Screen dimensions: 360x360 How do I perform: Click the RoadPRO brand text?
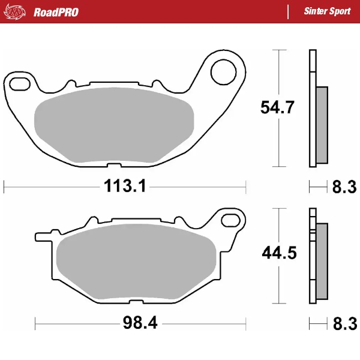(x=56, y=12)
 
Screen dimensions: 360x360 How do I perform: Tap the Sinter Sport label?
(x=327, y=12)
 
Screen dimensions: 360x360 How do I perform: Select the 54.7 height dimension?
(x=278, y=108)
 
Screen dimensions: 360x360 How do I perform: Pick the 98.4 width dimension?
(x=139, y=324)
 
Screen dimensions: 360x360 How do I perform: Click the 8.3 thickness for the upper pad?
(x=344, y=188)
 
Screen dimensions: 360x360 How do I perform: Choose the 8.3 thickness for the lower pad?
(x=344, y=325)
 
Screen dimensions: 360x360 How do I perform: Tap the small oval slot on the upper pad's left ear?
(x=20, y=82)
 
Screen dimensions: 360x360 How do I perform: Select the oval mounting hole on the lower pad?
(x=230, y=220)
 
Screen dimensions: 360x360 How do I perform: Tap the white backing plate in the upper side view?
(x=312, y=108)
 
